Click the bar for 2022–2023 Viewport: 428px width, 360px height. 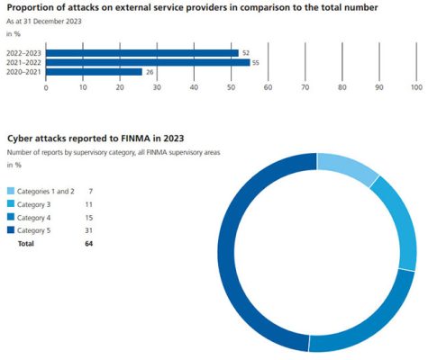click(x=141, y=52)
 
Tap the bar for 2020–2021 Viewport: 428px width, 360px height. click(x=94, y=72)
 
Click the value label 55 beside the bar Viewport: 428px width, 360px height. click(x=256, y=62)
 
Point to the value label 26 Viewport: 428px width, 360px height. click(x=150, y=72)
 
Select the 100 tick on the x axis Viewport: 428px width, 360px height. click(x=416, y=87)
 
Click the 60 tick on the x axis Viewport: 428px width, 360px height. click(x=268, y=87)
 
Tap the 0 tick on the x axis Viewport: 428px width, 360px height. click(x=46, y=87)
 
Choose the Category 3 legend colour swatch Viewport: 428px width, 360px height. click(x=11, y=204)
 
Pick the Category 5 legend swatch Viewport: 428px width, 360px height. click(x=11, y=230)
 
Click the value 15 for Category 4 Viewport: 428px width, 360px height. click(x=88, y=218)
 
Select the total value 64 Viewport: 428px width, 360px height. click(x=88, y=243)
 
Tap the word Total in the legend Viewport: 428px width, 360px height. click(x=28, y=243)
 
